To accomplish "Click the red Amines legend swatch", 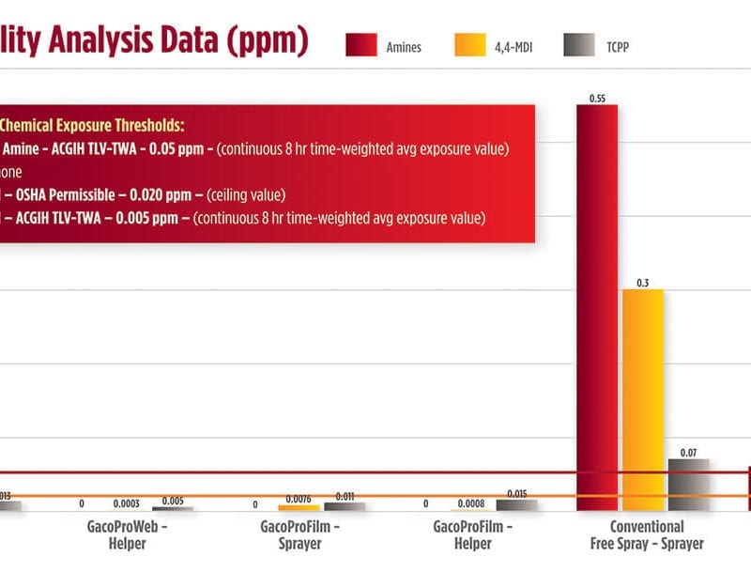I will [x=361, y=44].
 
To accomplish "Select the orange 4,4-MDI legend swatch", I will [x=470, y=44].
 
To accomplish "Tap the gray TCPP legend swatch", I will [x=579, y=44].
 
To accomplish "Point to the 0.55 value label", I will [x=596, y=98].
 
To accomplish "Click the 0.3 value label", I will [x=643, y=282].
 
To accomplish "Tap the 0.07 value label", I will [x=688, y=453].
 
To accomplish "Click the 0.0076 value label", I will [x=299, y=498].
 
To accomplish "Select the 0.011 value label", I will [x=345, y=496].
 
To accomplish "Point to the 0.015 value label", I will [x=516, y=493].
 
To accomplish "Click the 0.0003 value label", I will [x=127, y=504].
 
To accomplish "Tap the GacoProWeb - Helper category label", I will [x=128, y=534].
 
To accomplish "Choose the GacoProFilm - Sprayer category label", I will [x=299, y=534].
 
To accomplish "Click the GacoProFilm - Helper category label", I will [x=471, y=534].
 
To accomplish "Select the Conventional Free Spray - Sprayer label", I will [x=646, y=534].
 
